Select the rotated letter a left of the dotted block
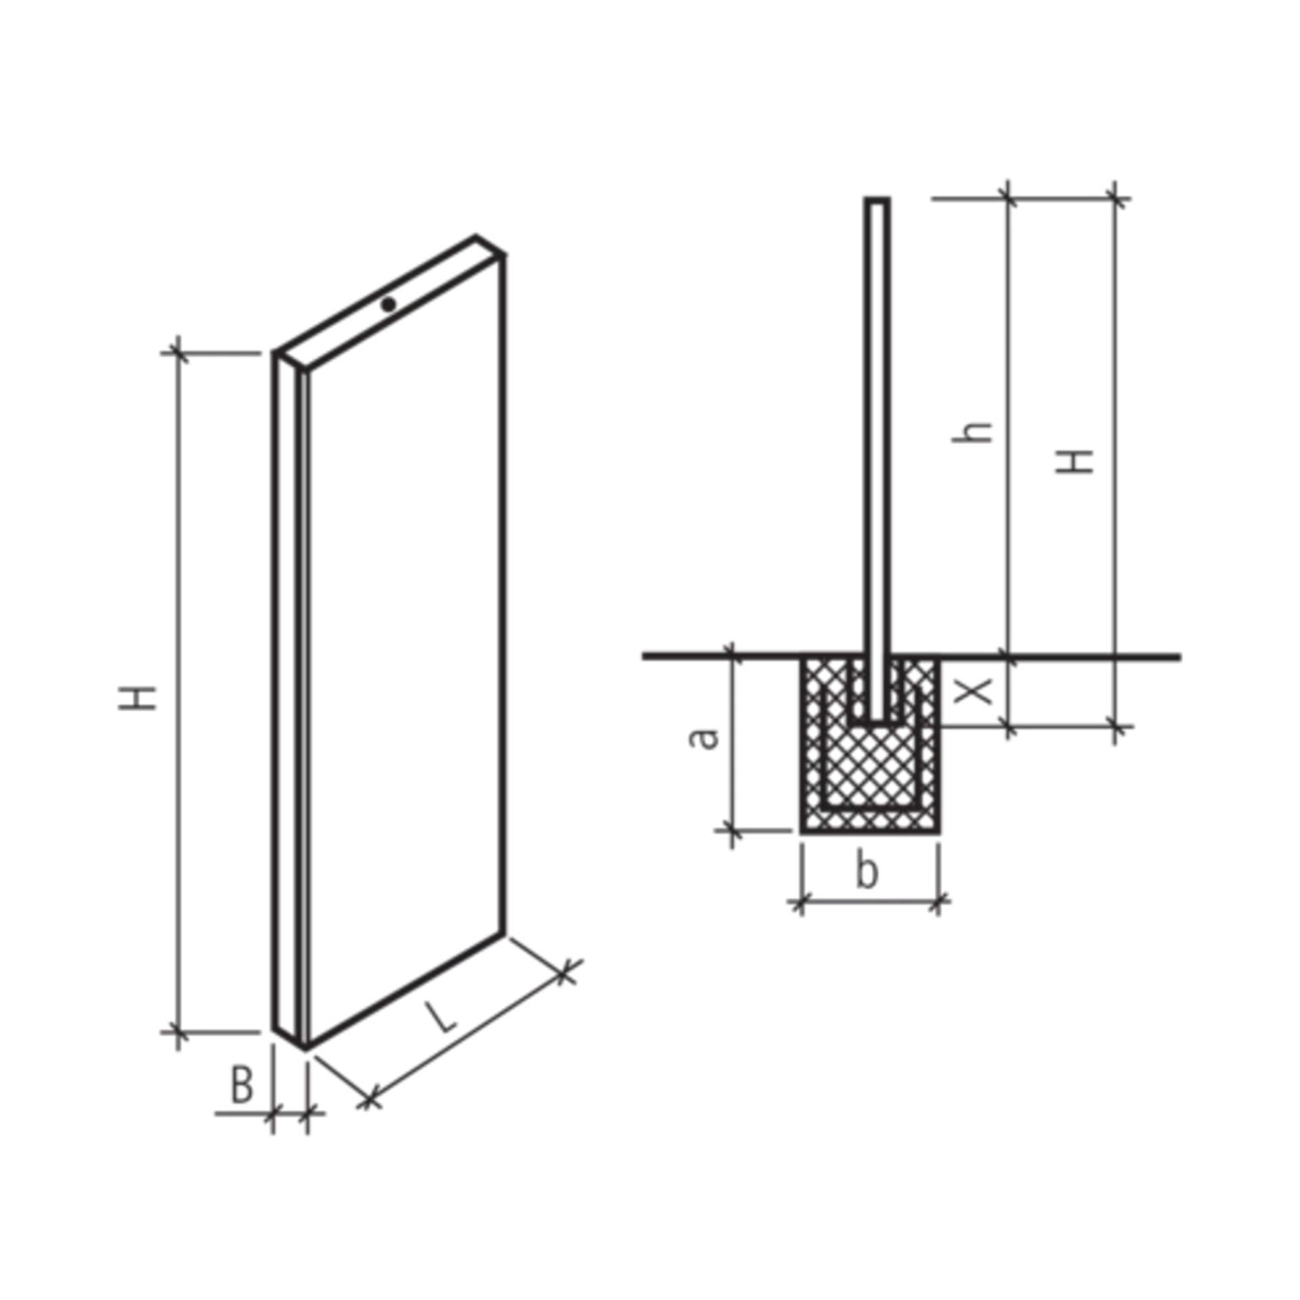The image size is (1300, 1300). [x=704, y=742]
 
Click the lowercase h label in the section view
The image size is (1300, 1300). [x=980, y=434]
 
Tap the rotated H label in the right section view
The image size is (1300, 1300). [x=1072, y=460]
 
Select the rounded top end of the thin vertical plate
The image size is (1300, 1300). [x=877, y=200]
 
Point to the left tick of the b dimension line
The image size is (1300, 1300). [x=800, y=903]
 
